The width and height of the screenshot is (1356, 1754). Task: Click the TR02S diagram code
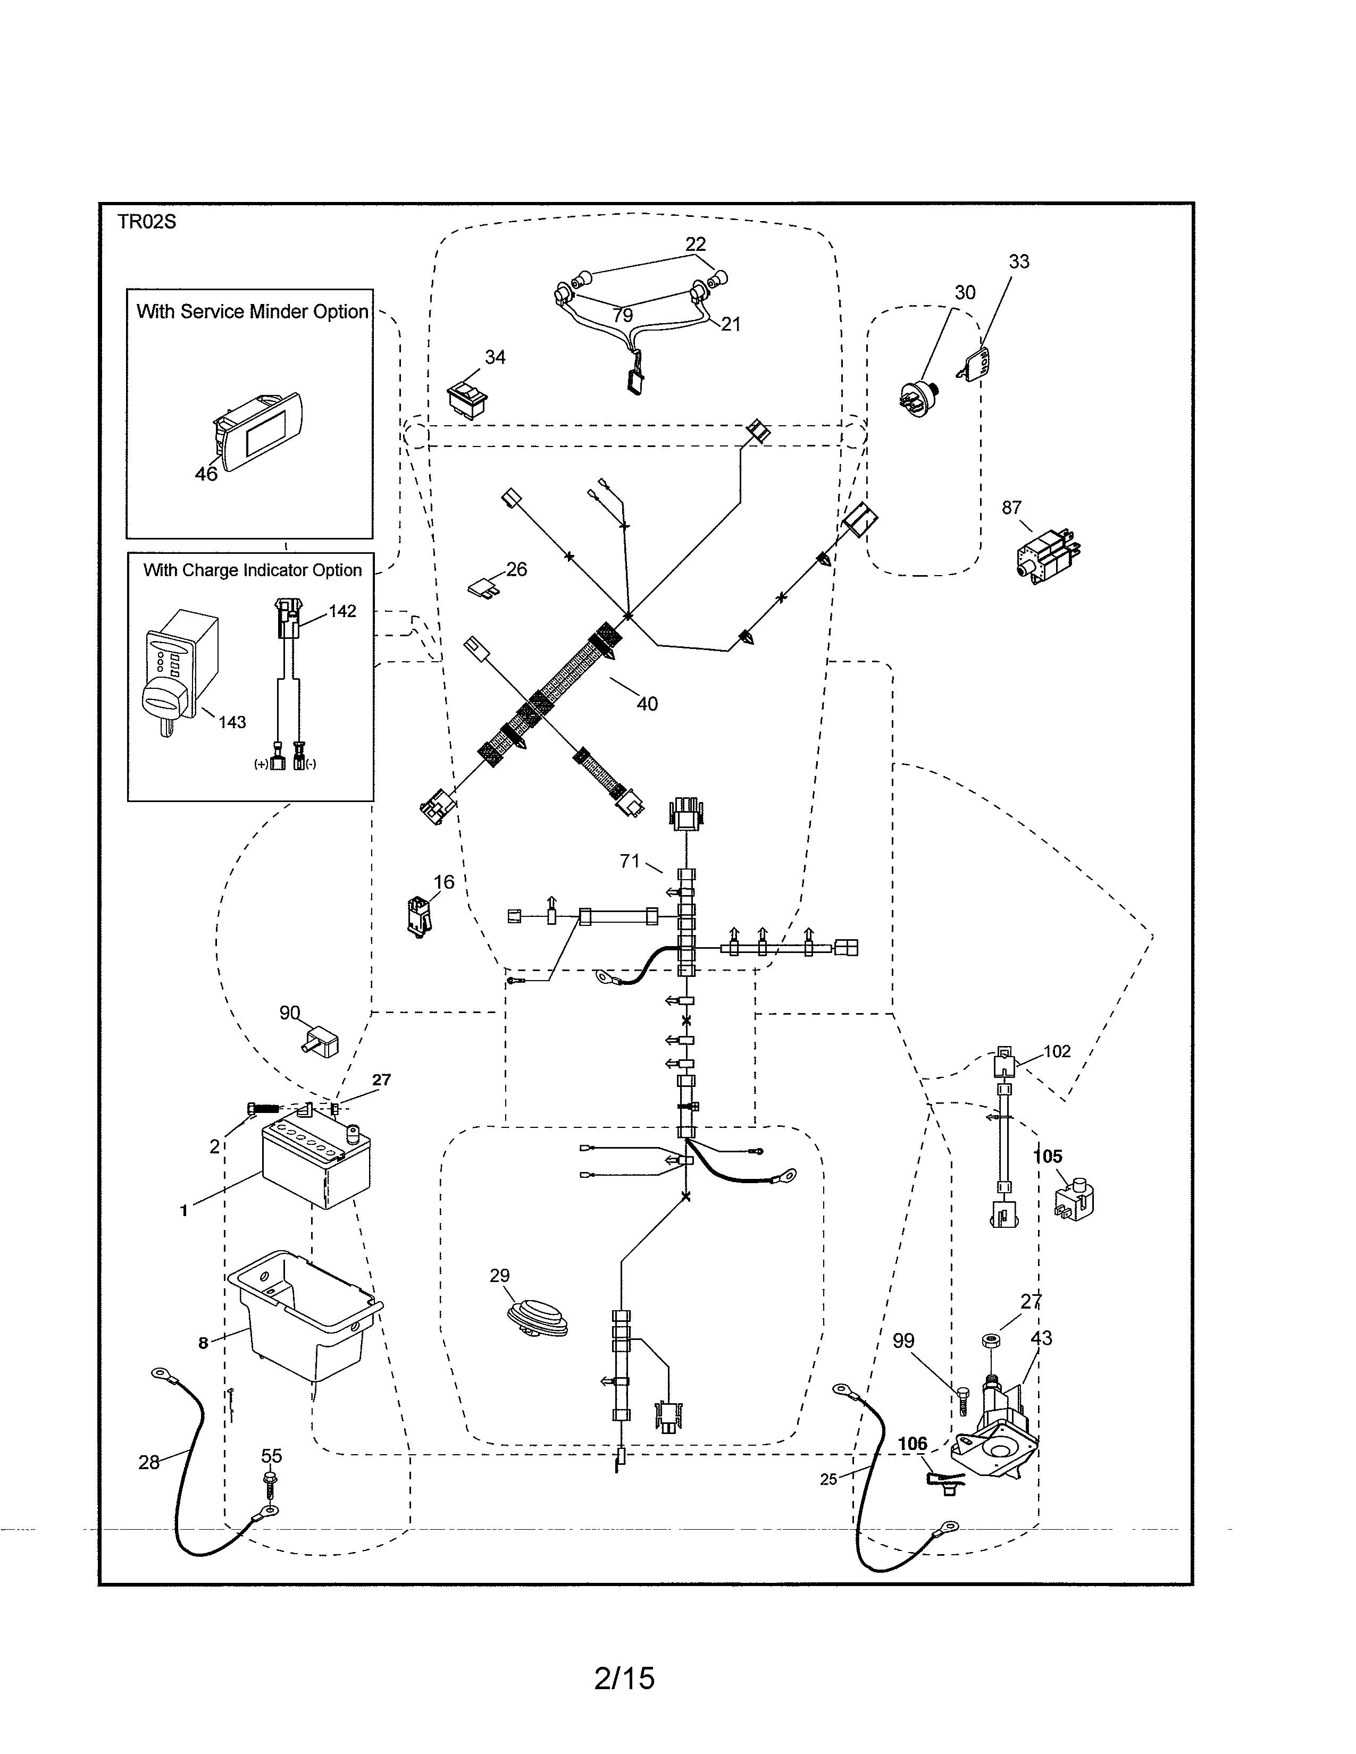pos(146,223)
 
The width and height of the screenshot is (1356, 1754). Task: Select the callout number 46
pos(206,474)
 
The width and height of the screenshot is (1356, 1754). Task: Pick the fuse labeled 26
pos(484,589)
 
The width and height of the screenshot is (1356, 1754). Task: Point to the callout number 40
pos(647,704)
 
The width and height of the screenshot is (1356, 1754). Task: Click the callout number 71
pos(630,861)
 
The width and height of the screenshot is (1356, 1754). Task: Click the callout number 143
pos(232,722)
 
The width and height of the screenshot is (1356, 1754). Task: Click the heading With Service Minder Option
pos(252,311)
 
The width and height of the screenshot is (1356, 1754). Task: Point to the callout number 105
pos(1048,1157)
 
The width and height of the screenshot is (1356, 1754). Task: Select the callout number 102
pos(1057,1051)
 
